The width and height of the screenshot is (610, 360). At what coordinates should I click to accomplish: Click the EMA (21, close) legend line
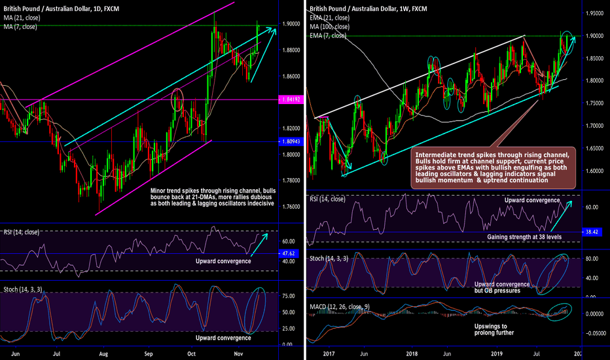point(330,18)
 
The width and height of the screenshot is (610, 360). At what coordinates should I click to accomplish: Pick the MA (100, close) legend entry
point(331,27)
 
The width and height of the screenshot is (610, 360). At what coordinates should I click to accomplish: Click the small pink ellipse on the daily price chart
point(176,100)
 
